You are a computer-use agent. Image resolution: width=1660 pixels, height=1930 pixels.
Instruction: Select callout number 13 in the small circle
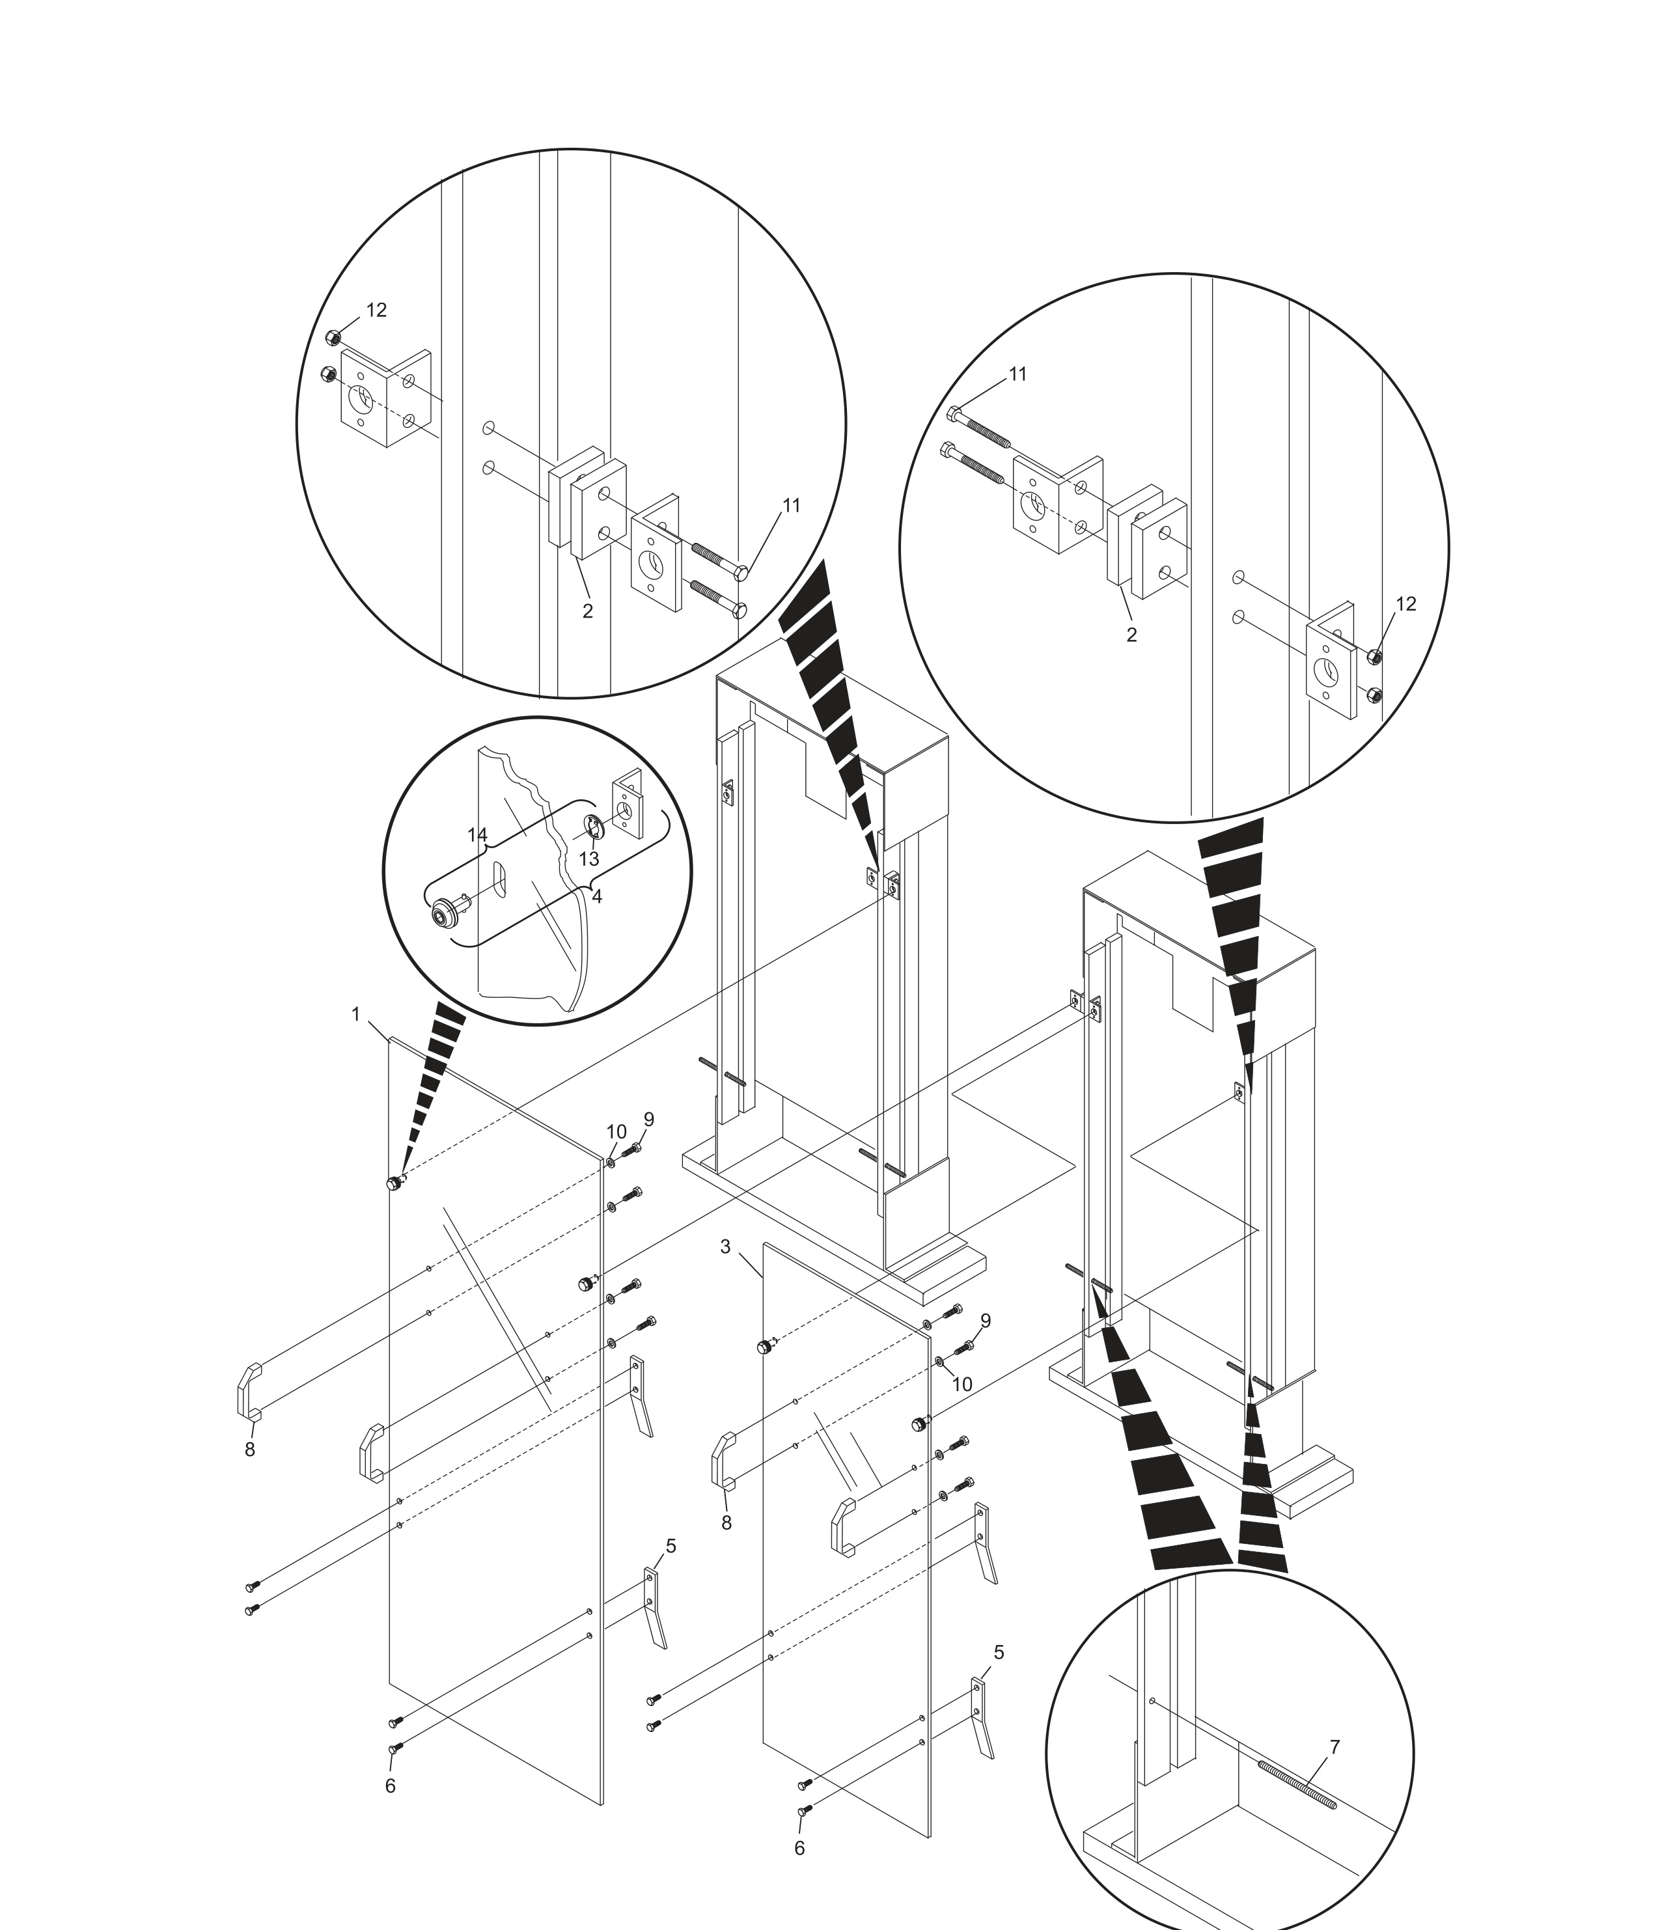click(x=588, y=859)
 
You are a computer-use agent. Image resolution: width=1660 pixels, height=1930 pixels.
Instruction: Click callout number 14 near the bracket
click(x=477, y=834)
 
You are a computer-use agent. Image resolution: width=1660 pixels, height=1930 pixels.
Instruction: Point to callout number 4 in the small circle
click(x=597, y=896)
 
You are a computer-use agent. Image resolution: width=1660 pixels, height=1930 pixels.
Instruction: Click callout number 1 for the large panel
click(x=355, y=1014)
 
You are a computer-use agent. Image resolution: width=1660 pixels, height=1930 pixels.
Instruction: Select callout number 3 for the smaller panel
click(x=726, y=1247)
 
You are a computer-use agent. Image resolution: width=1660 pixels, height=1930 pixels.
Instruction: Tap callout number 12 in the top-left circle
click(x=376, y=310)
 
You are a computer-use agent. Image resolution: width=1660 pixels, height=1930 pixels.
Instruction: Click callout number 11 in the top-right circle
click(x=1018, y=374)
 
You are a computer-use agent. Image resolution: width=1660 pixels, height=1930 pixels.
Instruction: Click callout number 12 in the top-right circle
click(x=1405, y=603)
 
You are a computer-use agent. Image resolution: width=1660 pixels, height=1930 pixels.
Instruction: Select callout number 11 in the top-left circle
click(x=791, y=506)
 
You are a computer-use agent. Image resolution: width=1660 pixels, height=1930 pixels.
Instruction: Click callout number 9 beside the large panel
click(x=648, y=1119)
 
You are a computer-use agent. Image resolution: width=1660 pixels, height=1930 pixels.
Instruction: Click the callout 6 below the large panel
click(x=391, y=1785)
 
